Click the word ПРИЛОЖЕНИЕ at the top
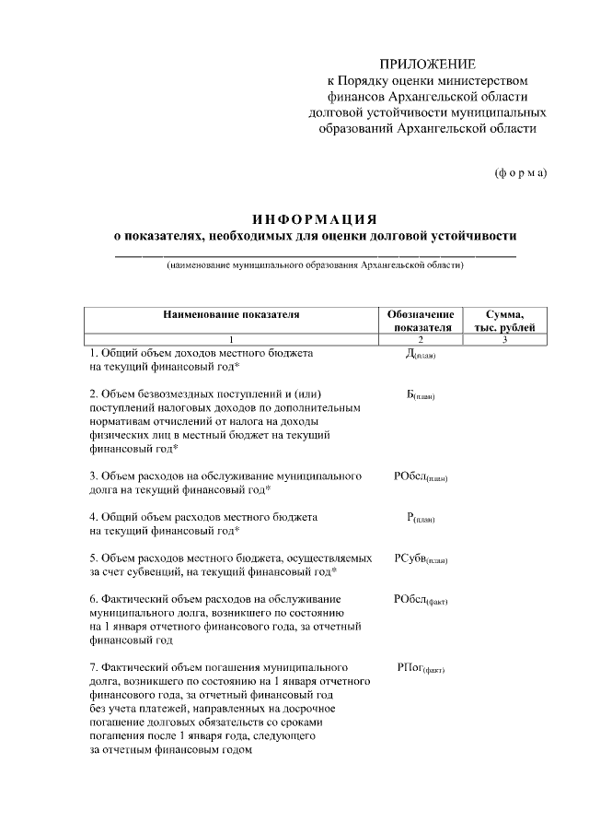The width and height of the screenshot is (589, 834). (x=429, y=65)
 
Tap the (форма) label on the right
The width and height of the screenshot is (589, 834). (x=520, y=172)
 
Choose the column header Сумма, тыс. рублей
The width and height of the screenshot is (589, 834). (x=504, y=320)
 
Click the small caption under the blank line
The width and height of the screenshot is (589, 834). (x=315, y=265)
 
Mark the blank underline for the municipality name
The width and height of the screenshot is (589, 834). (x=315, y=253)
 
